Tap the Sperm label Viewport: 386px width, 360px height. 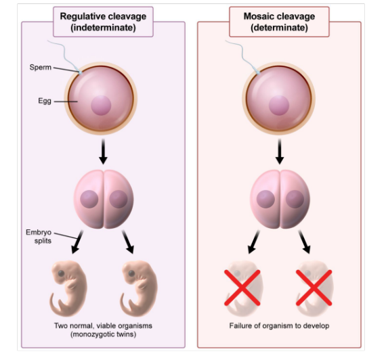41,67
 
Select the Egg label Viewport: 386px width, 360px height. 45,101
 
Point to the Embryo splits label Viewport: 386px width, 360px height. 39,236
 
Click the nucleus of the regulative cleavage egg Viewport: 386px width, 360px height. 101,106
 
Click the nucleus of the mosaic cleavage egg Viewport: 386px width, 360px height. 279,106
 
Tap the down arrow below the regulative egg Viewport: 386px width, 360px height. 103,152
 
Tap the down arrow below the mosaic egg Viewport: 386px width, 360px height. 280,152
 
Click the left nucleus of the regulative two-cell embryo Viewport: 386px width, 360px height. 89,199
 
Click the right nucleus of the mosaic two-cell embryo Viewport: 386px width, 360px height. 295,199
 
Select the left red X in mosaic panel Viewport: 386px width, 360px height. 242,288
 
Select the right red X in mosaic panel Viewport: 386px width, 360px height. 314,288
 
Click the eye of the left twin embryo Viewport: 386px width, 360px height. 61,273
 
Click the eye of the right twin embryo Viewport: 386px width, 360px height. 131,273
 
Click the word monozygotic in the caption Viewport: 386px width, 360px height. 95,334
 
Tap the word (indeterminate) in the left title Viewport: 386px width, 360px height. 103,28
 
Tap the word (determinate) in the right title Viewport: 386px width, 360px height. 279,28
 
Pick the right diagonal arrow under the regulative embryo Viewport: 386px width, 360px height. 128,242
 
